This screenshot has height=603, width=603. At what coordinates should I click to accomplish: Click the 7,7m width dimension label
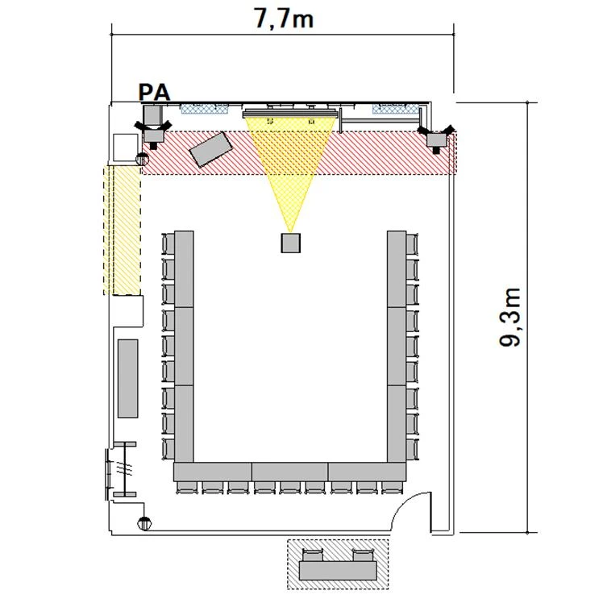(x=284, y=18)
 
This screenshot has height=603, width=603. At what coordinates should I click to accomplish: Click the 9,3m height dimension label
(x=510, y=318)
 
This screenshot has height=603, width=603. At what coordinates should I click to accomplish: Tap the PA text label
(x=154, y=93)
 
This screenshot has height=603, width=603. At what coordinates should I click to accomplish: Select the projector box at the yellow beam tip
(x=290, y=243)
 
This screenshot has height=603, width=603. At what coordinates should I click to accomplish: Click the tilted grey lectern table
(x=210, y=149)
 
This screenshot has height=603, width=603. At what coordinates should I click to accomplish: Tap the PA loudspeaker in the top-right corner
(x=437, y=138)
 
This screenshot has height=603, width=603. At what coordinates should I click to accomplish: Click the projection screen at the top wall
(x=290, y=114)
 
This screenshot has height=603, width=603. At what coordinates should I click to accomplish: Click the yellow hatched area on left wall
(x=122, y=231)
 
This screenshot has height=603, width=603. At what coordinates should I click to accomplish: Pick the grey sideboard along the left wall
(x=127, y=378)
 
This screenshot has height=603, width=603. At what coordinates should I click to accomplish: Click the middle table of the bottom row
(x=290, y=472)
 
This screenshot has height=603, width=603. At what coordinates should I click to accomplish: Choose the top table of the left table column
(x=184, y=268)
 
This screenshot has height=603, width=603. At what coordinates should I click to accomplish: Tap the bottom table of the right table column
(x=397, y=423)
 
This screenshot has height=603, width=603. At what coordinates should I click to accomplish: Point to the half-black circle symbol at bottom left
(x=144, y=523)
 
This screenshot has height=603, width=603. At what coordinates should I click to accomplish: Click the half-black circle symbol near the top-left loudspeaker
(x=143, y=159)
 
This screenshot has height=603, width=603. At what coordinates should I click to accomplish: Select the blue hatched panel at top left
(x=205, y=109)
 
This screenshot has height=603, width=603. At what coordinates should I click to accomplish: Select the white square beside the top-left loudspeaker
(x=126, y=148)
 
